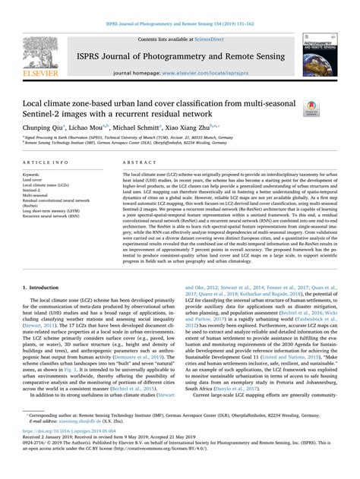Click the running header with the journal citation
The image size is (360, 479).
pyautogui.click(x=180, y=6)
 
